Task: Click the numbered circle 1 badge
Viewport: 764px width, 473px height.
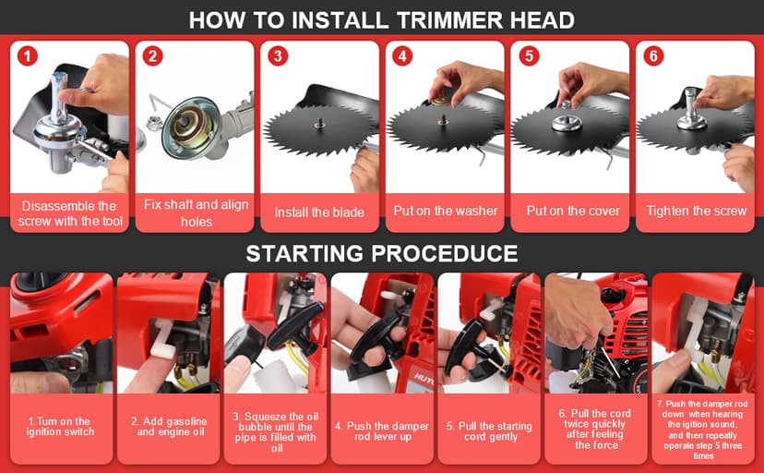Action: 28,56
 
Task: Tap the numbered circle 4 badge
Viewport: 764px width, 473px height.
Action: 402,56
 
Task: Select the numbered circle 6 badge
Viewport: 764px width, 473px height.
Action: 653,56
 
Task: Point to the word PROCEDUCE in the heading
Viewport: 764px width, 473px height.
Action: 445,253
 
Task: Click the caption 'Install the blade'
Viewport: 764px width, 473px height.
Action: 319,212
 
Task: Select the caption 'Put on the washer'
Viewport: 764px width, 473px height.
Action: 446,211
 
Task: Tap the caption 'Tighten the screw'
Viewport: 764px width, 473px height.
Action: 697,211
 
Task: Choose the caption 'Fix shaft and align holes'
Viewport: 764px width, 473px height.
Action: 196,213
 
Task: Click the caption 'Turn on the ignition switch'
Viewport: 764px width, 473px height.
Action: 60,426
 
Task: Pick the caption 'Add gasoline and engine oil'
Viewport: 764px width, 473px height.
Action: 169,426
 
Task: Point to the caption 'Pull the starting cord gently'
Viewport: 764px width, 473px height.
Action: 490,431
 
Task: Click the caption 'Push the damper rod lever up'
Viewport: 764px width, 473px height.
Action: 382,431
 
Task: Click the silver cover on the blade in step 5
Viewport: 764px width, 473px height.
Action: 567,123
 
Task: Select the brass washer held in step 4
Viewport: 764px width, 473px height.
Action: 441,102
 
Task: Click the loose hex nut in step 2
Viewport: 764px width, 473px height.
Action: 154,124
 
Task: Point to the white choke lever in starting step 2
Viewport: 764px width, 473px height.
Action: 161,341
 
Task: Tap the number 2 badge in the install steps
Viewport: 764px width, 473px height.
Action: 152,56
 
